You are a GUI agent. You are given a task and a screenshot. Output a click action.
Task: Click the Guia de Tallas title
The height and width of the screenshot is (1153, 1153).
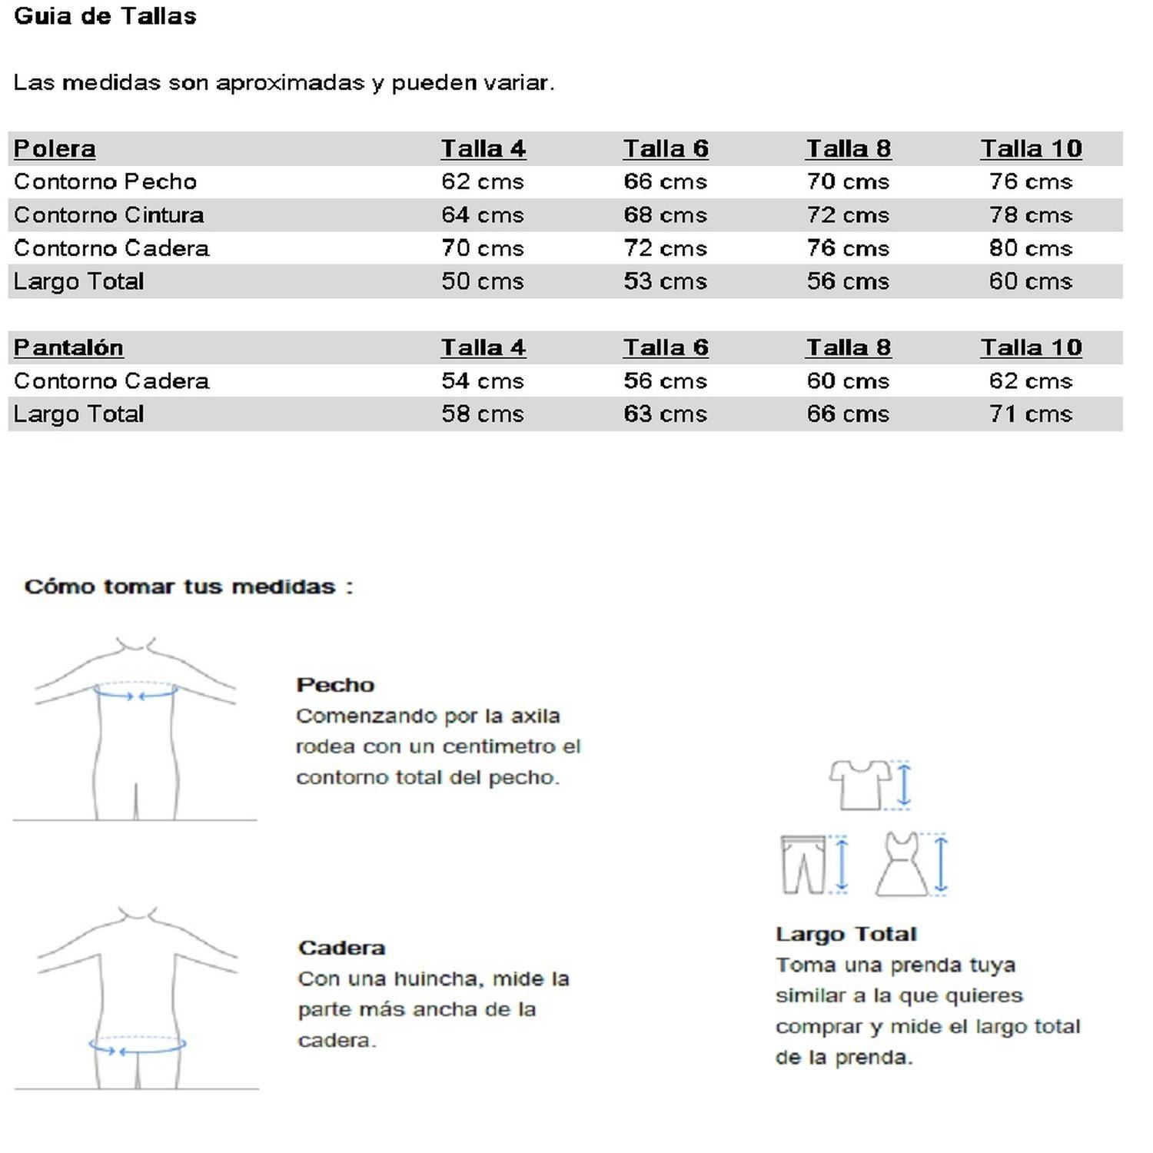105,16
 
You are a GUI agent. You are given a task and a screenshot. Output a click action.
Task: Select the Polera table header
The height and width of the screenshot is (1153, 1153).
55,148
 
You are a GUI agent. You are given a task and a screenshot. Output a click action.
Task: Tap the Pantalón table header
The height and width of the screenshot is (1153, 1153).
68,347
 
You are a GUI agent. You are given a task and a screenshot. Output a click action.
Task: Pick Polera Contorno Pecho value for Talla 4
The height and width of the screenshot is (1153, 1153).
482,182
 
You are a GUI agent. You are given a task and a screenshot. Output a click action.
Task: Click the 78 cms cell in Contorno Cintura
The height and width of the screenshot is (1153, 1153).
1030,215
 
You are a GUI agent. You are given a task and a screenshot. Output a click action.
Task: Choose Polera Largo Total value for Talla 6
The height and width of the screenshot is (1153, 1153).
665,281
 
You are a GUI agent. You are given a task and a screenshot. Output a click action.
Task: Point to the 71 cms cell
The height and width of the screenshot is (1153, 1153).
1030,414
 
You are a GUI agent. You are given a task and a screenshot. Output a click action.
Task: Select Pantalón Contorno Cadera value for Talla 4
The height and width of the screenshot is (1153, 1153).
482,381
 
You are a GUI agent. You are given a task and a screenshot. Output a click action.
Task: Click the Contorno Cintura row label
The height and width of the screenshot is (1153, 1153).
109,215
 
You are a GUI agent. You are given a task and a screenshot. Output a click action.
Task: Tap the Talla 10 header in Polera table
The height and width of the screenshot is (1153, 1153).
1031,148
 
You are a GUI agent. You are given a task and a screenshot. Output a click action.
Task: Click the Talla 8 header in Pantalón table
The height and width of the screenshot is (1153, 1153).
848,347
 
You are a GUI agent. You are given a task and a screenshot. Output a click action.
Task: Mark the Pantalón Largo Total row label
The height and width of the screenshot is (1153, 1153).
79,414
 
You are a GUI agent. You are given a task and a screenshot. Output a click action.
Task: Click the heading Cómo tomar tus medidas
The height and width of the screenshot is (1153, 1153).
188,587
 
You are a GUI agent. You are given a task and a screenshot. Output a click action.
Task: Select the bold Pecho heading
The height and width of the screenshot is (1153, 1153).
335,685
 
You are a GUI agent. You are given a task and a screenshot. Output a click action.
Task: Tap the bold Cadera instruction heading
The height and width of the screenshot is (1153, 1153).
341,948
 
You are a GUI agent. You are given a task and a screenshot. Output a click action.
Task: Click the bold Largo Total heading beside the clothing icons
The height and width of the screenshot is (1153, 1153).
846,934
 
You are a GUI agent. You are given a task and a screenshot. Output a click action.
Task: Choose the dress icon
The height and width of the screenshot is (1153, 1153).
902,864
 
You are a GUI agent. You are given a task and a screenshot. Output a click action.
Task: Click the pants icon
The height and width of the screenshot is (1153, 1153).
803,864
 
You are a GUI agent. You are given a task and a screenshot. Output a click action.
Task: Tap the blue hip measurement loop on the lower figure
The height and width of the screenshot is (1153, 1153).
138,1045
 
